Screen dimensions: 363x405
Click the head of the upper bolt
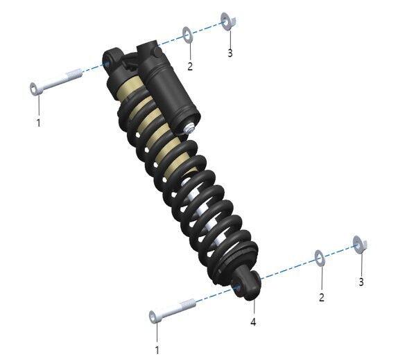[x=34, y=88]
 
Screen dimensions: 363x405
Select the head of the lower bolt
[x=154, y=317]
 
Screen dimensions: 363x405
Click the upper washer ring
[x=187, y=34]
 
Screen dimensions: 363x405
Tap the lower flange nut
[x=360, y=243]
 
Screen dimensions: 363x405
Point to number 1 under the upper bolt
[x=39, y=123]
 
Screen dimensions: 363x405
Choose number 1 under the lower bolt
[x=157, y=351]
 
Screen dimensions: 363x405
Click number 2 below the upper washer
[x=190, y=66]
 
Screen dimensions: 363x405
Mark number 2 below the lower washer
[x=321, y=297]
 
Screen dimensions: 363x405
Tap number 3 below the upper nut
[x=230, y=53]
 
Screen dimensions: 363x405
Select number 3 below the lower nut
[x=361, y=281]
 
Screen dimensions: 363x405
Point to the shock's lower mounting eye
[x=245, y=285]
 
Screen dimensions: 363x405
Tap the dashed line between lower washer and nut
[x=340, y=251]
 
